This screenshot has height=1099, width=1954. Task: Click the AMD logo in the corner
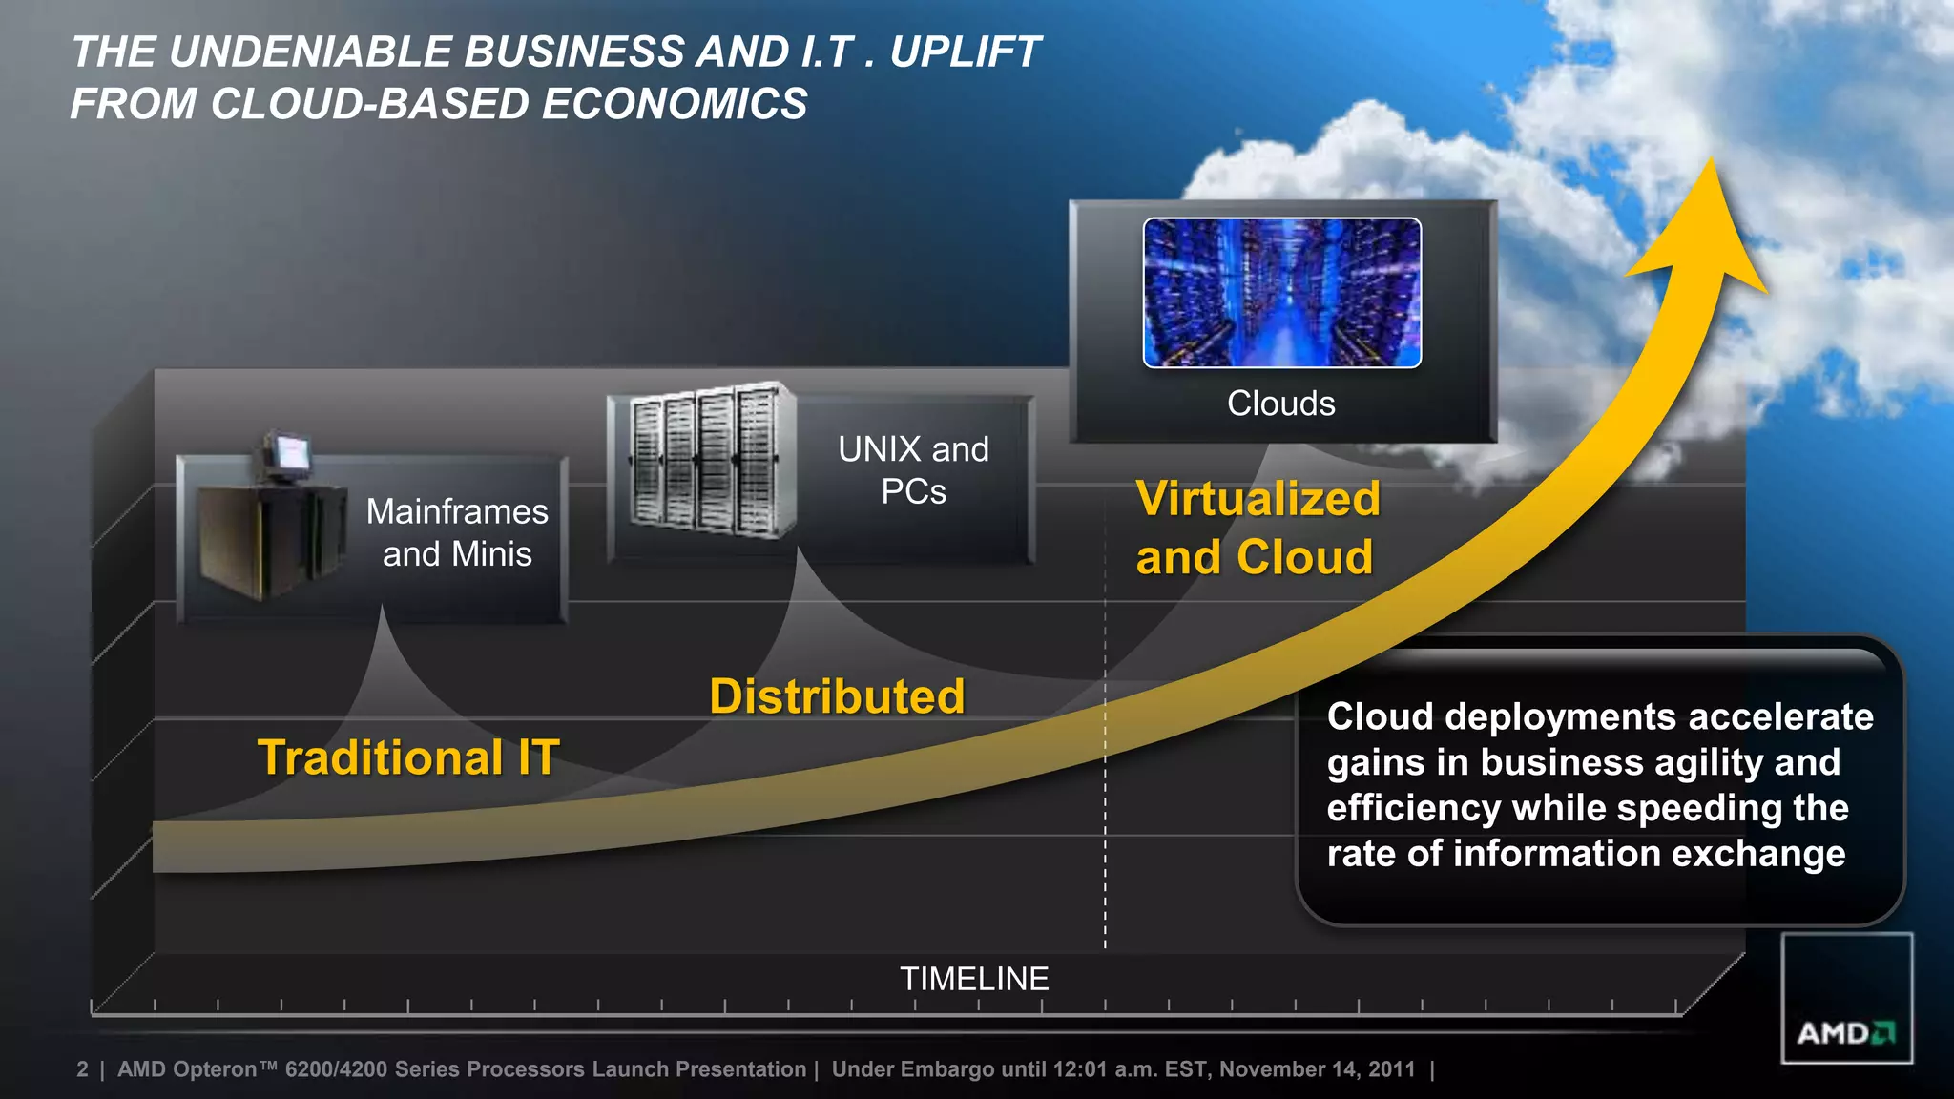[1846, 1032]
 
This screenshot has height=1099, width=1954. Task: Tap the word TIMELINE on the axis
[974, 979]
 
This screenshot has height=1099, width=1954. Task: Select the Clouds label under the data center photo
[1280, 404]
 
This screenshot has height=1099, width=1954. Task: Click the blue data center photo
[1281, 293]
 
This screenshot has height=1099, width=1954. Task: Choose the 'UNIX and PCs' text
[913, 470]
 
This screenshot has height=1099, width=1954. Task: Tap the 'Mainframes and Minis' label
[457, 532]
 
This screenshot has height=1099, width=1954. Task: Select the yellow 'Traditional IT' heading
[408, 757]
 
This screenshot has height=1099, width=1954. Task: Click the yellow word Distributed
[837, 696]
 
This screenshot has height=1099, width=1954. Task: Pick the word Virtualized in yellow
[1258, 499]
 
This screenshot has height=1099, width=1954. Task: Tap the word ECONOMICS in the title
[675, 104]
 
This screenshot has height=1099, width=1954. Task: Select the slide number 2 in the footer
[82, 1069]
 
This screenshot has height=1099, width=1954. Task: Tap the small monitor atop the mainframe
[287, 451]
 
